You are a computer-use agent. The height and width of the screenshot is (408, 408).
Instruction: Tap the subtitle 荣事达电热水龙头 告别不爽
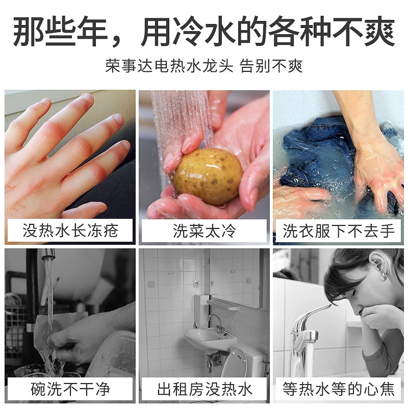tap(204, 67)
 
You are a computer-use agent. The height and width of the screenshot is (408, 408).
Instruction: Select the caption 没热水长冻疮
tap(70, 231)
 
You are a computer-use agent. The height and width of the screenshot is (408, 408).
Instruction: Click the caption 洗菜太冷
tap(204, 231)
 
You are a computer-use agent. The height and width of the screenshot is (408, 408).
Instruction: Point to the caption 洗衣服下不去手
tap(339, 231)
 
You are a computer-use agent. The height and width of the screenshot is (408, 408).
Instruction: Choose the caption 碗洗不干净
tap(70, 390)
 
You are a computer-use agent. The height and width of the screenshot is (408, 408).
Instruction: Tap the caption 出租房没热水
tap(204, 390)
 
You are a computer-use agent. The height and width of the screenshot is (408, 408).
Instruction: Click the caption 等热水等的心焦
tap(339, 390)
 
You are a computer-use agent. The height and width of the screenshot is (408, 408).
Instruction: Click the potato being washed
tap(207, 176)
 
